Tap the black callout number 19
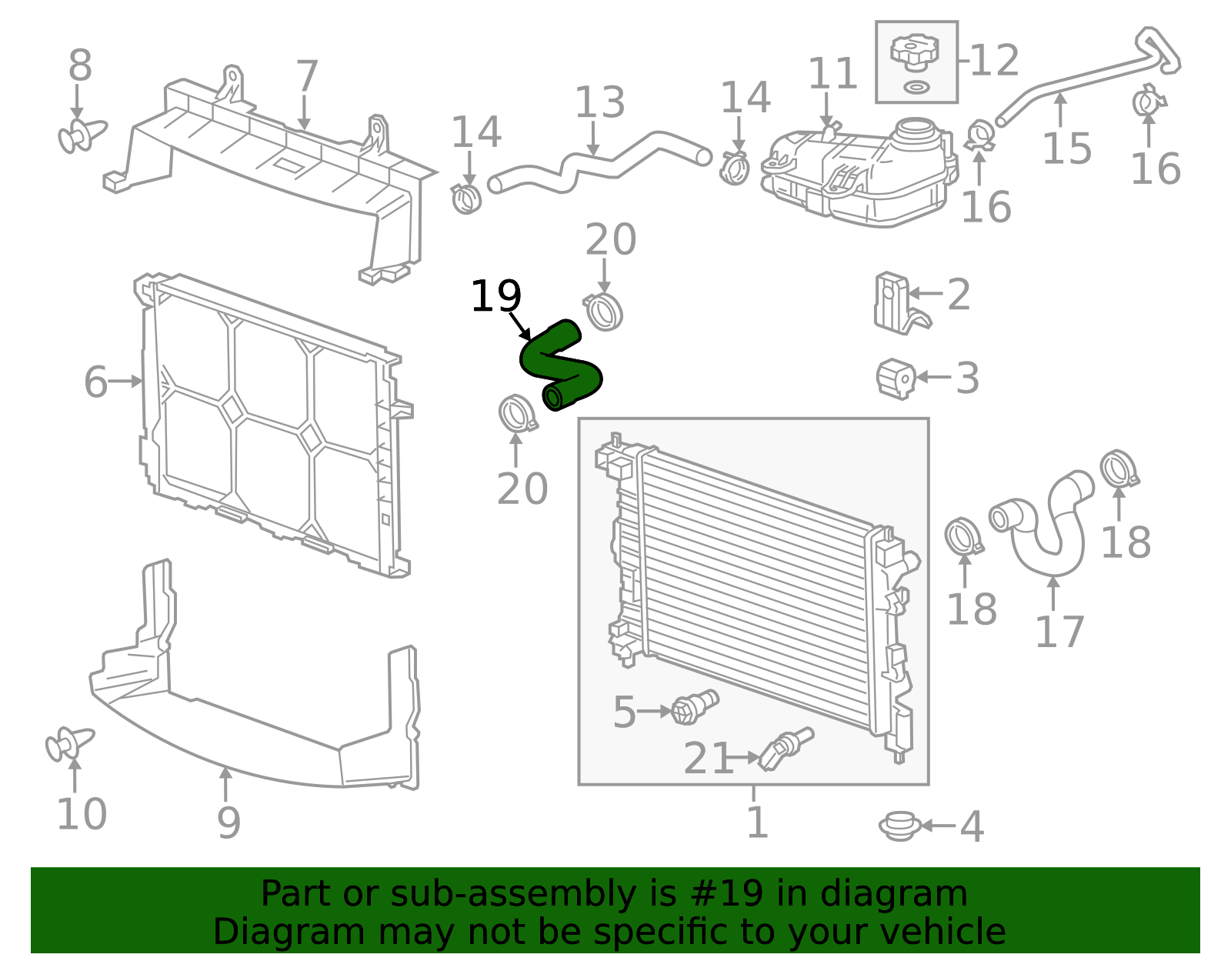coord(495,296)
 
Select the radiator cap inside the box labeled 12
coord(915,52)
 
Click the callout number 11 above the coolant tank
coord(832,75)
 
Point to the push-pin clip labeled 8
coord(81,135)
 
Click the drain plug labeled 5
coord(694,706)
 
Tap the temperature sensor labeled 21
coord(785,748)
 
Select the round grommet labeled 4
coord(899,826)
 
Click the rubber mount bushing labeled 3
coord(896,379)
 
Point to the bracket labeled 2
coord(892,302)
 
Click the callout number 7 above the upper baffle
coord(307,77)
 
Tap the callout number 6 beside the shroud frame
coord(95,382)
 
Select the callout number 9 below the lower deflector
coord(229,823)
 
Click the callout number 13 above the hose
coord(600,102)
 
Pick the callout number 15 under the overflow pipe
coord(1066,148)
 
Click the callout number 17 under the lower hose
coord(1059,632)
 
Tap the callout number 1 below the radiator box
coord(757,823)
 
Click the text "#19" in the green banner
coord(726,894)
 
